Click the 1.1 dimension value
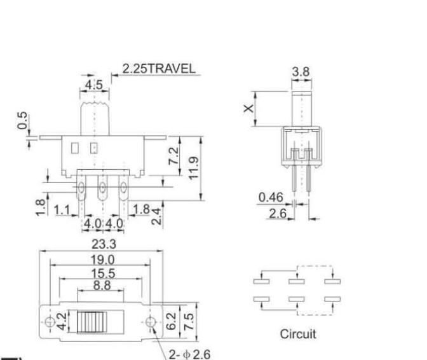coord(62,209)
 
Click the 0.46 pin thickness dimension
coord(271,198)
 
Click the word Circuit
coord(297,333)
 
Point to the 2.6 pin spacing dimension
coord(277,214)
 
